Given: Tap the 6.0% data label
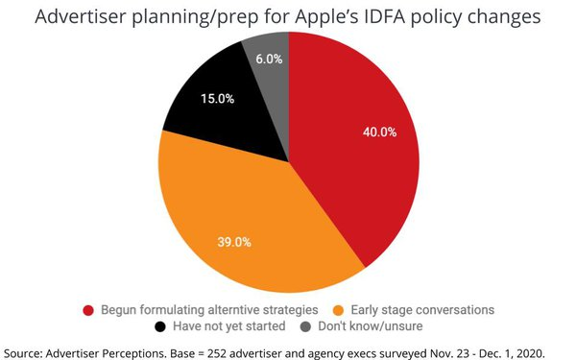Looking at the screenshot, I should [269, 59].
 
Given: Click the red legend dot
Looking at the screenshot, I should [89, 311].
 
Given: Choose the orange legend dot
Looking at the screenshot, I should [339, 311].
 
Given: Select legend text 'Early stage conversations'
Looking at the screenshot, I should [420, 311].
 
